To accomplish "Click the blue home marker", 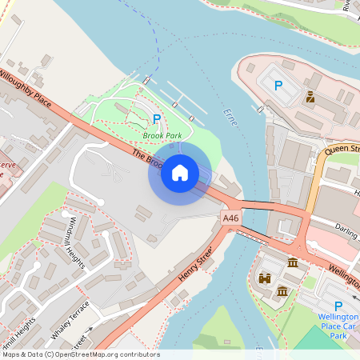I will (180, 172).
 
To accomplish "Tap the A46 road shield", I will (230, 218).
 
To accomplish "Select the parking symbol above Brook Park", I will (157, 119).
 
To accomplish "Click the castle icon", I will (265, 278).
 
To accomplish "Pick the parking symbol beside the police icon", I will (278, 86).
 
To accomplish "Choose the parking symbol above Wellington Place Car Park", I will (338, 306).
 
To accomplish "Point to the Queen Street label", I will (342, 149).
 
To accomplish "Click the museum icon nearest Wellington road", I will (293, 262).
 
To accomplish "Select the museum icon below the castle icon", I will (282, 292).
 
